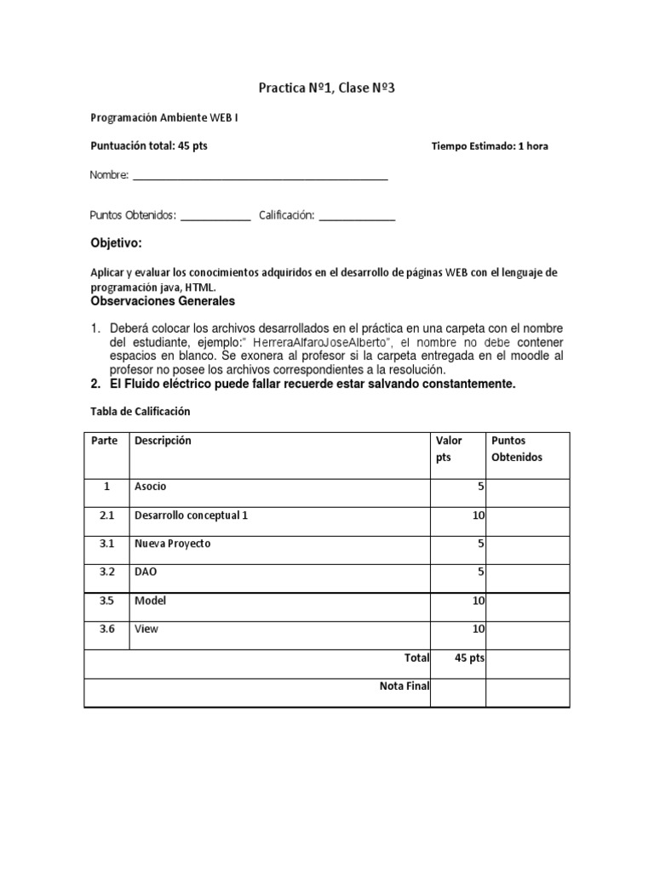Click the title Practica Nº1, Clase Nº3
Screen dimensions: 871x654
pos(327,88)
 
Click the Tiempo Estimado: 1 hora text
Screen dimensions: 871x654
pos(490,146)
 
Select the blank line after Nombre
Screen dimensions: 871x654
pos(260,177)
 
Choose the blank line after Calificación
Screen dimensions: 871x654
pos(357,218)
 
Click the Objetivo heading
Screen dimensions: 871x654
pos(116,244)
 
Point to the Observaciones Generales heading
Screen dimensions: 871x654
pos(162,302)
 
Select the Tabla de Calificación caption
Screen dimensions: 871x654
pos(141,412)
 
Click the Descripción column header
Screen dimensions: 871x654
pos(163,441)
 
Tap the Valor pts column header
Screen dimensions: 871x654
pos(449,449)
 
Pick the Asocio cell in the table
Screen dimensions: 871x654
pos(151,487)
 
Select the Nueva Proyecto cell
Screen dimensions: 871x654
pos(172,544)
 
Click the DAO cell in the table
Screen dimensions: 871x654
pos(146,572)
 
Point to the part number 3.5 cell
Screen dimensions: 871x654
pos(106,601)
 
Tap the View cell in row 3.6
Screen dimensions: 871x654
pos(146,629)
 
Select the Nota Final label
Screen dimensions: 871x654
pos(404,686)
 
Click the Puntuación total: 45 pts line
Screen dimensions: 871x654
pos(149,146)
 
